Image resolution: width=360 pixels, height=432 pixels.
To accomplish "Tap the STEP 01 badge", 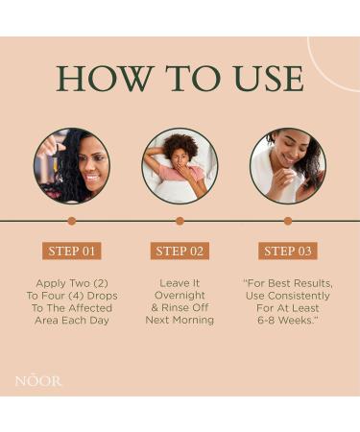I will click(72, 252).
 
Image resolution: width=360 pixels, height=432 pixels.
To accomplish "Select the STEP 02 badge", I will click(180, 252).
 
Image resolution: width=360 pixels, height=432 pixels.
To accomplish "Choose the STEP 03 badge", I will click(288, 252).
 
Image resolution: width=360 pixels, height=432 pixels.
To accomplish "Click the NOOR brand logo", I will click(38, 381).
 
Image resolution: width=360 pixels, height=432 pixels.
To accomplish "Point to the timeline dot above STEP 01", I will click(72, 221).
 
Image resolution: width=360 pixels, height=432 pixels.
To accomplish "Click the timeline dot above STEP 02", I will click(180, 221).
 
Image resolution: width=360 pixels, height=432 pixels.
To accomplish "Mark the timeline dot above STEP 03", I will click(288, 221).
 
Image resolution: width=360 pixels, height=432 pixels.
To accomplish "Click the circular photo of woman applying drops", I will click(72, 166).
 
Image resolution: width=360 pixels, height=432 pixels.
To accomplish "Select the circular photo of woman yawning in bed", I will click(180, 166).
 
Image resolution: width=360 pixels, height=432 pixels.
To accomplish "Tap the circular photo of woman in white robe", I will click(288, 166).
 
